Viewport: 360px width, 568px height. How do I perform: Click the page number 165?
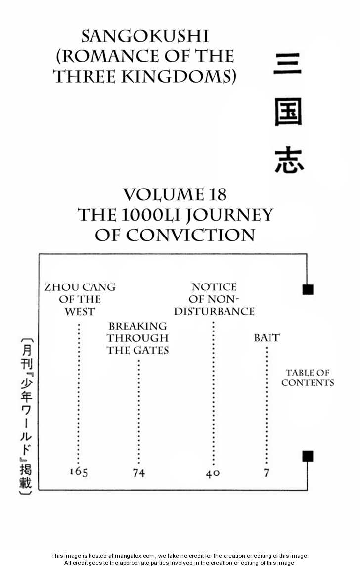tap(78, 472)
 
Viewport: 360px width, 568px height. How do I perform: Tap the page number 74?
tap(138, 473)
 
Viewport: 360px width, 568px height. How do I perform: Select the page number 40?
tap(213, 473)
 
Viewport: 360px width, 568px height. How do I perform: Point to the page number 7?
tap(266, 473)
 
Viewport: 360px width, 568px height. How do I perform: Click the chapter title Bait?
tap(267, 338)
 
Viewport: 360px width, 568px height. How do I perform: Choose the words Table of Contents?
tap(308, 378)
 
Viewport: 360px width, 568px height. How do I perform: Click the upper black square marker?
tap(308, 290)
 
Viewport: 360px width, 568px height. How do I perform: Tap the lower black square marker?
tap(308, 456)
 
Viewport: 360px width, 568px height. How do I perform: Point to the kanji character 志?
tap(289, 161)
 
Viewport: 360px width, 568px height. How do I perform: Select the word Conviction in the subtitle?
tap(190, 235)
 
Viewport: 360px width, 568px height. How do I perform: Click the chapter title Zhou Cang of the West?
tap(80, 299)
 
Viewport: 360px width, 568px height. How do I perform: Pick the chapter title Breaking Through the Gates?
tap(138, 338)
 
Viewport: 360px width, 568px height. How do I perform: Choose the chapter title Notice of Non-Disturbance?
tap(214, 299)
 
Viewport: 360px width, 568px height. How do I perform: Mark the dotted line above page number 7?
tap(267, 406)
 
